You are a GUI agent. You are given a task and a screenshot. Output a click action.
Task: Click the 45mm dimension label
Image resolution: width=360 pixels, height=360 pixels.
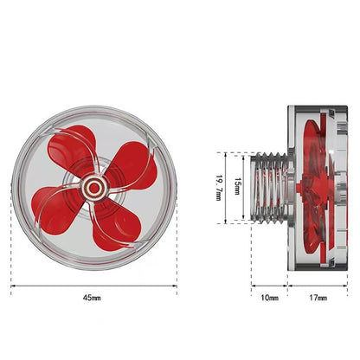[92, 297]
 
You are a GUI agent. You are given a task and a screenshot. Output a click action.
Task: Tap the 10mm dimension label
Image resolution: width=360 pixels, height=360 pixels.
[269, 297]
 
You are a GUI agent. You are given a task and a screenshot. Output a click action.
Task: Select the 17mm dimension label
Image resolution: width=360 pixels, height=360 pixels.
[318, 297]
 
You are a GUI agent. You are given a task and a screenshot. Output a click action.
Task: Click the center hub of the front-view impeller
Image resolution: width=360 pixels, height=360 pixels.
[92, 185]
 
